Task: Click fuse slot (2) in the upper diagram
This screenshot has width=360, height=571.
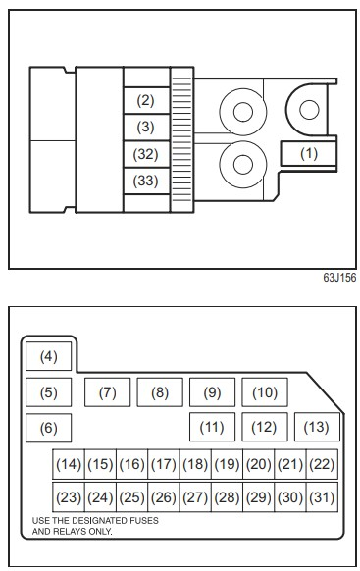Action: click(x=146, y=100)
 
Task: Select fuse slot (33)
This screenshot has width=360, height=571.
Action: click(x=146, y=181)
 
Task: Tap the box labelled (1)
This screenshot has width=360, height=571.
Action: click(x=308, y=154)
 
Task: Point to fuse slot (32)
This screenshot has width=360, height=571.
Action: click(x=146, y=154)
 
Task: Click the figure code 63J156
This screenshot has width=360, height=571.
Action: click(x=339, y=278)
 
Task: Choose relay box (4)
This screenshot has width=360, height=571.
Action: click(x=49, y=356)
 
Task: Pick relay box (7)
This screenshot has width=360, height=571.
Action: click(x=107, y=392)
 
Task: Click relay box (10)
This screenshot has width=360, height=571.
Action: click(x=265, y=392)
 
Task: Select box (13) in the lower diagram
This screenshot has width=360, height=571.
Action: click(x=317, y=427)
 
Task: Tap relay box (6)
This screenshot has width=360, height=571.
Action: click(x=49, y=428)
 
